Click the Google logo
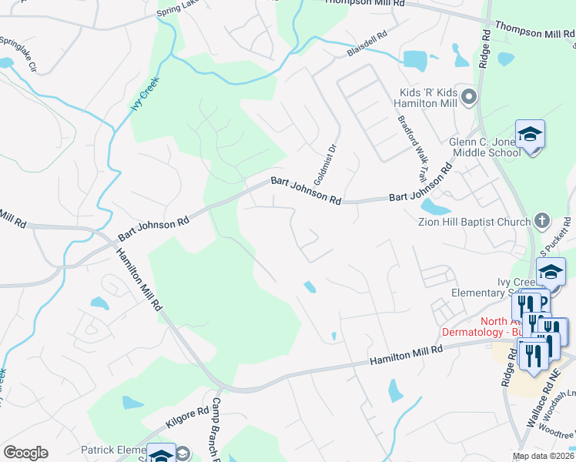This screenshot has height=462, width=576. (25, 453)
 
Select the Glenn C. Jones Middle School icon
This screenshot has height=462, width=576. (529, 135)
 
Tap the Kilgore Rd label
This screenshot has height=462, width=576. (186, 419)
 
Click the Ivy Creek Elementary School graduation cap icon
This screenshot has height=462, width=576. (551, 272)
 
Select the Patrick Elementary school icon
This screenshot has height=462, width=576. (161, 454)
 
